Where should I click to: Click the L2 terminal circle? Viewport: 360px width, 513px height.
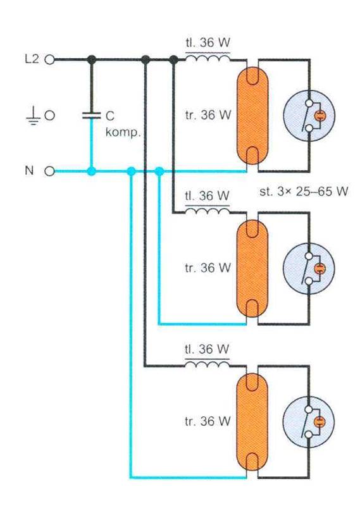point(49,59)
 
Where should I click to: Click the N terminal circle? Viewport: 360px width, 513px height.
point(49,171)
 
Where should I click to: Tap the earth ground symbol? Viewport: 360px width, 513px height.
point(33,116)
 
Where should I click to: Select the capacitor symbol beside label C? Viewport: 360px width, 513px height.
point(91,115)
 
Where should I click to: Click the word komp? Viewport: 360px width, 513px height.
point(123,133)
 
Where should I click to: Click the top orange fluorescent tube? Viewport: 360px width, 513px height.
point(252,116)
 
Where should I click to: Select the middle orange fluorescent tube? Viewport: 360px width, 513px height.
point(252,268)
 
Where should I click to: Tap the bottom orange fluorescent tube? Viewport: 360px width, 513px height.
point(252,422)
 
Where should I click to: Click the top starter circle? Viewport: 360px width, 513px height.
point(309,116)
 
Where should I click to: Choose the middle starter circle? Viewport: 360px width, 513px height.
point(309,269)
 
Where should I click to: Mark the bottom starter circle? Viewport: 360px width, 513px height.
point(309,422)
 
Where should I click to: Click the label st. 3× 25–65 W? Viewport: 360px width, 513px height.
point(304,191)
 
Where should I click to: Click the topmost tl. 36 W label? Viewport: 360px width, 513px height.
point(208,42)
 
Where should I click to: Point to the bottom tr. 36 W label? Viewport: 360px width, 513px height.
point(208,421)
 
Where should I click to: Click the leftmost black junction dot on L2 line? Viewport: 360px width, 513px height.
point(92,59)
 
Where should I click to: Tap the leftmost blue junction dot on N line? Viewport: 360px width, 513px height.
point(92,171)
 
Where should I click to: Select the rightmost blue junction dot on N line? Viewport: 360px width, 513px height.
point(159,171)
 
